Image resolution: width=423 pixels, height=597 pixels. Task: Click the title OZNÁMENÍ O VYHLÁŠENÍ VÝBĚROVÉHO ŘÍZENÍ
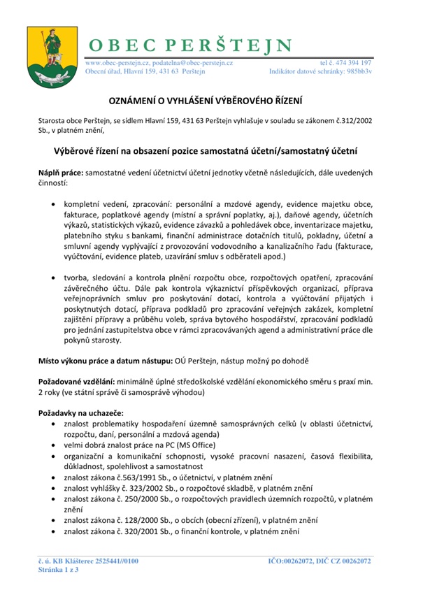click(211, 101)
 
